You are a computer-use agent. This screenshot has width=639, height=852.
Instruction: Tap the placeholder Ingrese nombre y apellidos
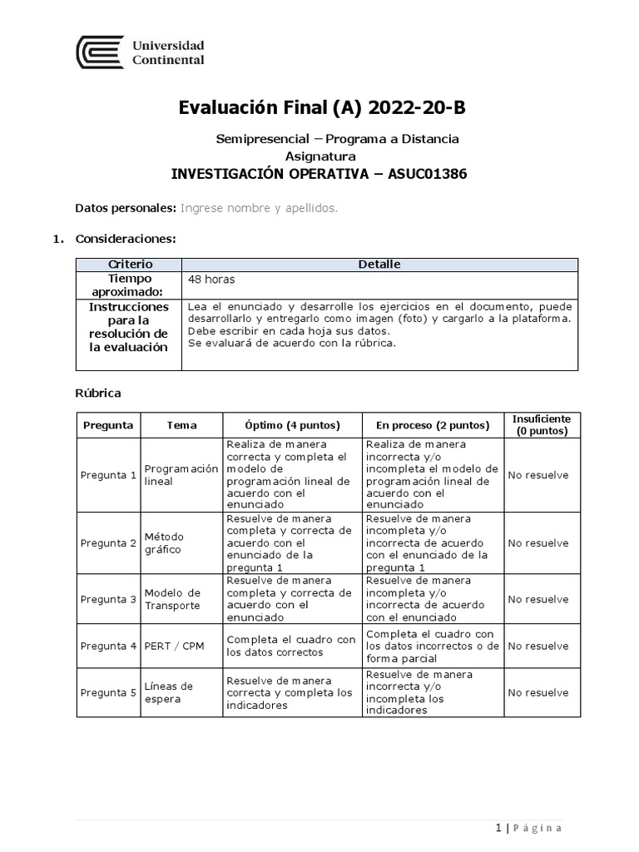pos(259,208)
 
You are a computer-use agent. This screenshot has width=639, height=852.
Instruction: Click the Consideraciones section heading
pos(125,239)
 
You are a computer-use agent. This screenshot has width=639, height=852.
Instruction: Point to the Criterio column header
pos(131,265)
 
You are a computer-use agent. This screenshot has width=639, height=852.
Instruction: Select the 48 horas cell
pos(212,280)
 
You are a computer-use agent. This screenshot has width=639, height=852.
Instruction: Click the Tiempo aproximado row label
pos(131,285)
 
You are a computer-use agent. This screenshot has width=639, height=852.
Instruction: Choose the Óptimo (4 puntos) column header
pos(292,425)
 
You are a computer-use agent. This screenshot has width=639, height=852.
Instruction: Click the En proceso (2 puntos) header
pos(433,425)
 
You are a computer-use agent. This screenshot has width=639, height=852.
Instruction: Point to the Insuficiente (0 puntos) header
pos(542,425)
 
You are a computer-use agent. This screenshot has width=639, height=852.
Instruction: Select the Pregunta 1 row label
pos(108,475)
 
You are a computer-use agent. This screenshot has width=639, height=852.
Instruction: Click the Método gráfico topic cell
pos(164,543)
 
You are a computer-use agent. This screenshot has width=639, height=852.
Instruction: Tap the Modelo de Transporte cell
pos(172,599)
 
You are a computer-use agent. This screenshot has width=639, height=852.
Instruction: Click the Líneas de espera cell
pos(168,692)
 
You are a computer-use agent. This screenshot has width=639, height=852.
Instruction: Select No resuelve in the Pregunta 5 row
pos(538,692)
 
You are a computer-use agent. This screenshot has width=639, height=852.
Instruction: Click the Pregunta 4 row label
pos(108,646)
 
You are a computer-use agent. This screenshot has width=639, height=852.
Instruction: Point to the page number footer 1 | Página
pos(528,828)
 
